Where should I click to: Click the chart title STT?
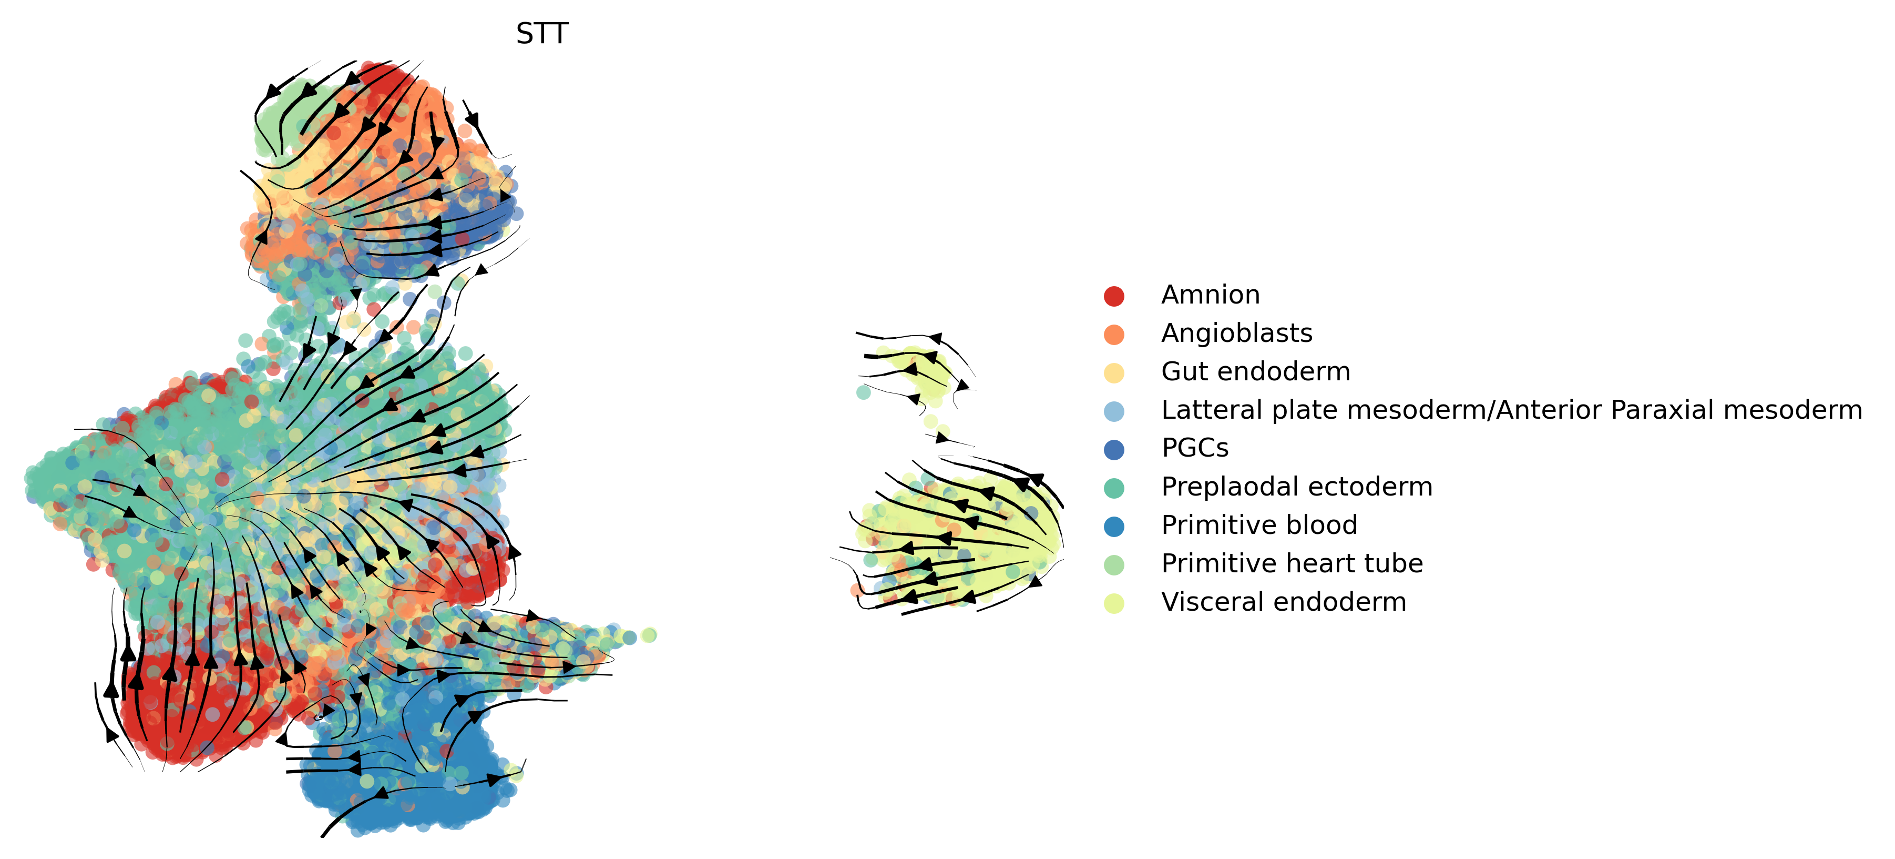542,34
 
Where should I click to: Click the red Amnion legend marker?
1114,296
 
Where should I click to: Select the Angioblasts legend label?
1236,334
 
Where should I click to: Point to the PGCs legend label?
1195,448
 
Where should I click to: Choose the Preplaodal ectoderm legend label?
1296,487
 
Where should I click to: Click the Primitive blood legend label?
1258,525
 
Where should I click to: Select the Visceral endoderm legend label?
1284,602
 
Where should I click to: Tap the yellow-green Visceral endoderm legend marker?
1114,603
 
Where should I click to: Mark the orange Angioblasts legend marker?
1114,334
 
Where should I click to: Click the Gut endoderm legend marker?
1114,372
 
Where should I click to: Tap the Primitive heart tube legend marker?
1114,564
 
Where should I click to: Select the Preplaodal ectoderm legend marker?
1114,487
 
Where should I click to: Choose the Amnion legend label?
1210,295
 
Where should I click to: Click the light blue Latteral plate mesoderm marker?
1114,411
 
